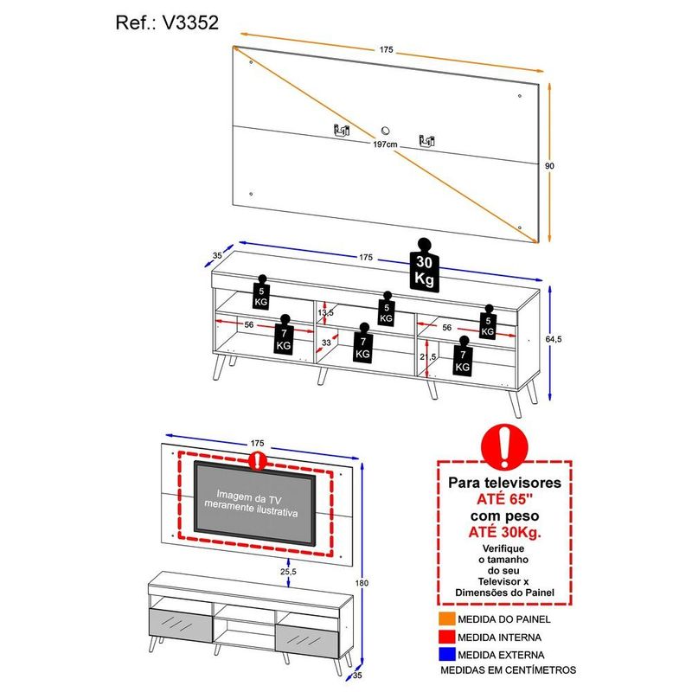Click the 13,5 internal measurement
324,312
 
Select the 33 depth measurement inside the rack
327,343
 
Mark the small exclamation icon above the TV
256,460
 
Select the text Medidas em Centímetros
508,670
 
